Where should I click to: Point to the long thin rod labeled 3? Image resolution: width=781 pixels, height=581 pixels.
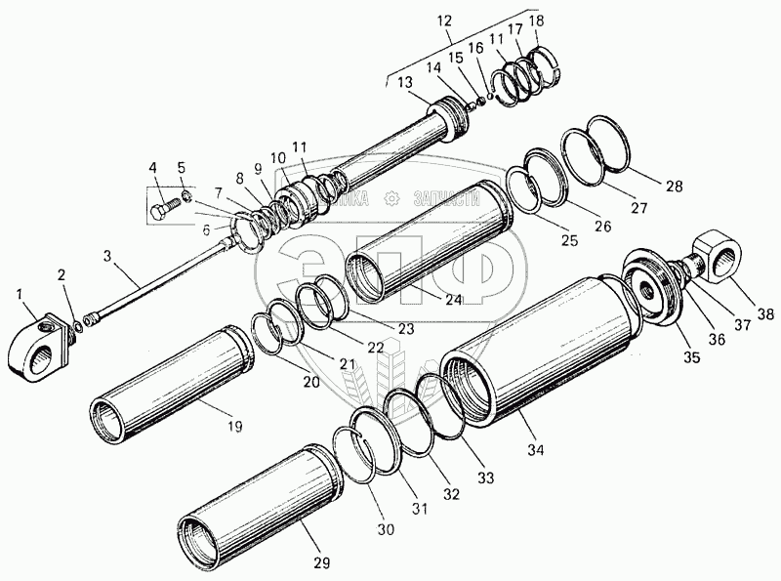(156, 293)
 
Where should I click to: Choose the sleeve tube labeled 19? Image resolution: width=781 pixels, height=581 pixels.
(166, 382)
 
